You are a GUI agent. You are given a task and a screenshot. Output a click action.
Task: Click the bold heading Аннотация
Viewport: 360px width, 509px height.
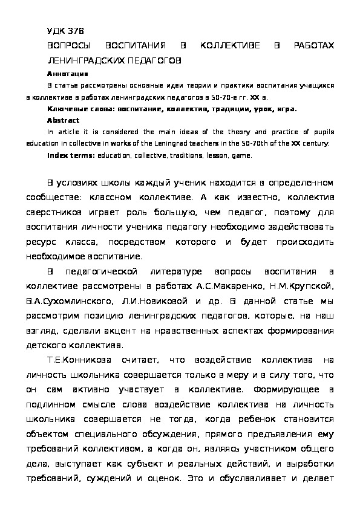tap(67, 73)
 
